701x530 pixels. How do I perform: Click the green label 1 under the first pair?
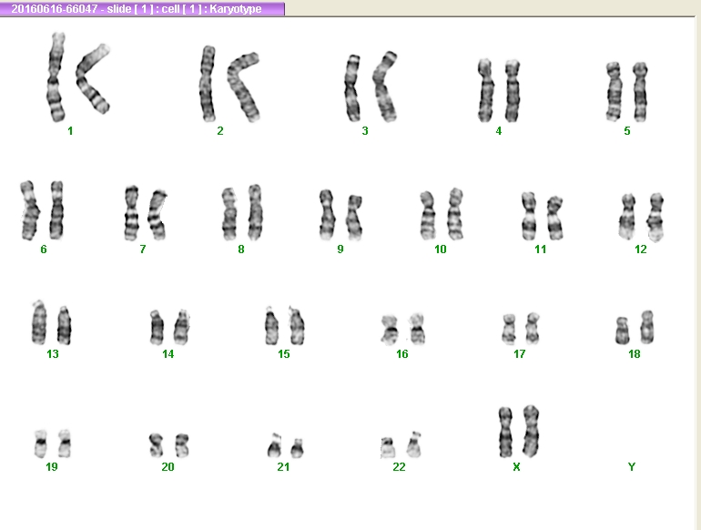tap(70, 131)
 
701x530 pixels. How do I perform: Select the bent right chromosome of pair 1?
tap(85, 79)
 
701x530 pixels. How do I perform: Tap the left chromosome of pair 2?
tap(208, 84)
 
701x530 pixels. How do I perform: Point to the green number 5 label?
tap(627, 131)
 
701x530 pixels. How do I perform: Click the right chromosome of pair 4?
tap(513, 91)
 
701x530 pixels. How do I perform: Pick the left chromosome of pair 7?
tap(131, 213)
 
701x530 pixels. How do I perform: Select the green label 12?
tap(641, 250)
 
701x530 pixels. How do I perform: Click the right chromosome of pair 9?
tap(354, 218)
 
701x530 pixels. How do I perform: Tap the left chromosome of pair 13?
tap(39, 322)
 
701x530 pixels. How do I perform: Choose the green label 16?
tap(401, 354)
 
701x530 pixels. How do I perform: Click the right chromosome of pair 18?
tap(646, 327)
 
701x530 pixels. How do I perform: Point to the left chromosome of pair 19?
tap(41, 443)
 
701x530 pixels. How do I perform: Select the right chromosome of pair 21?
tap(298, 448)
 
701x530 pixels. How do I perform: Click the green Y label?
tap(631, 467)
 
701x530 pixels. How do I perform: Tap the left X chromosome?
tap(505, 432)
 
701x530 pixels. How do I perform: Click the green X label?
tap(516, 467)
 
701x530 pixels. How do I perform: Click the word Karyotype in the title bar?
tap(235, 9)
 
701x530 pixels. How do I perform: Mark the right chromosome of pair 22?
tap(414, 444)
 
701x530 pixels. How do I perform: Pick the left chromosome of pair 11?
tap(529, 217)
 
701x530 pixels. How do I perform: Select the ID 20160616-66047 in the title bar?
tap(54, 9)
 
